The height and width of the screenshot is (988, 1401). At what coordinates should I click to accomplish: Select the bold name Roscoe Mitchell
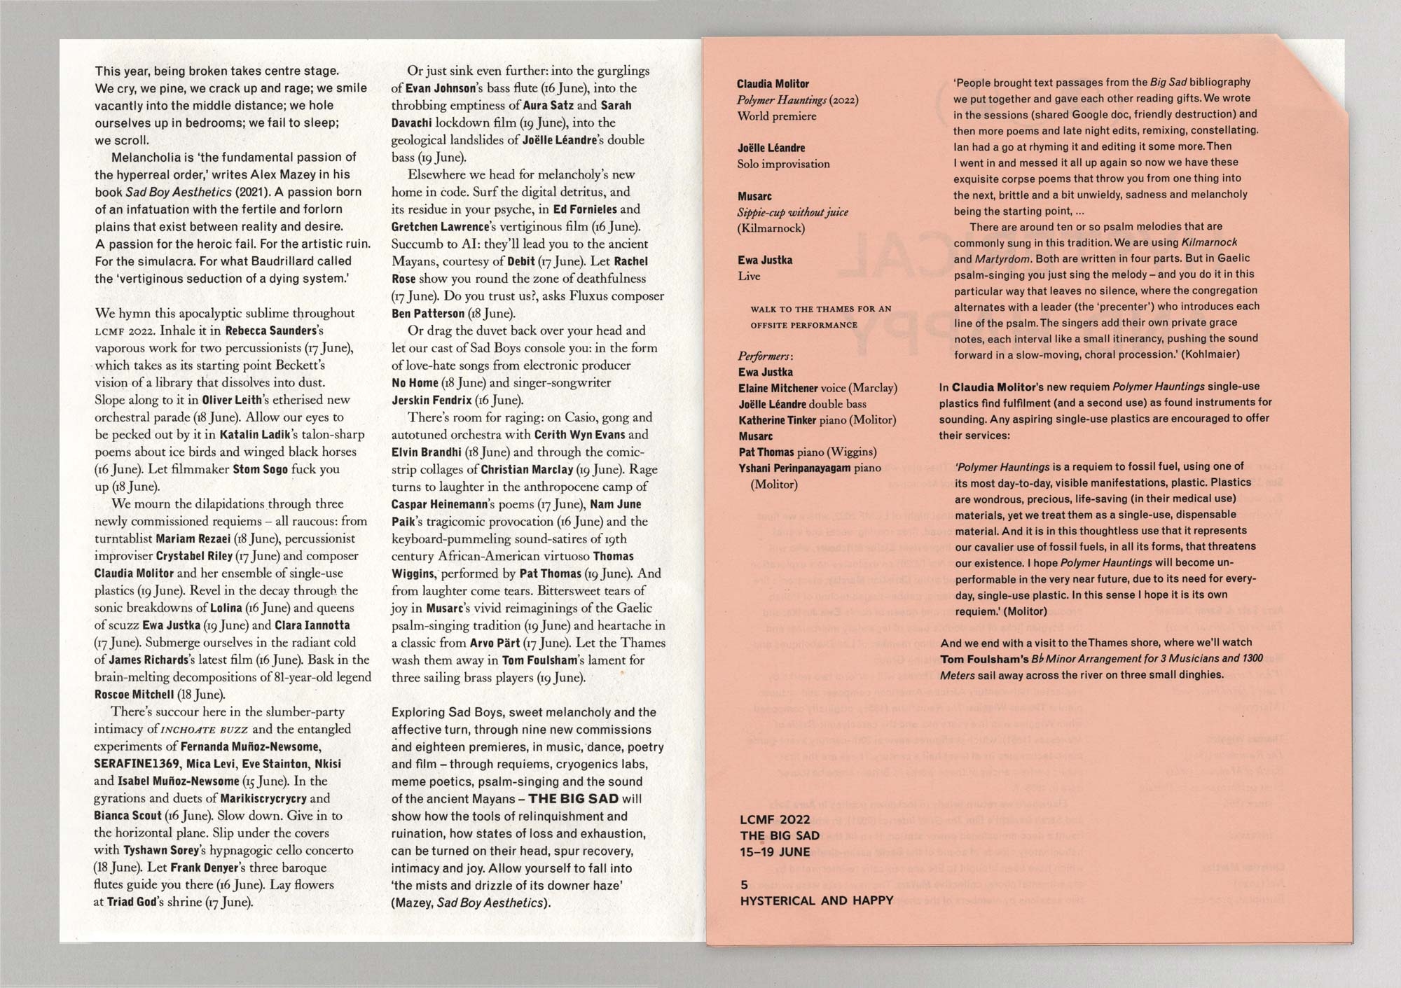pos(134,695)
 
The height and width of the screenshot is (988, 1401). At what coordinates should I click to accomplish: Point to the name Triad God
pos(131,902)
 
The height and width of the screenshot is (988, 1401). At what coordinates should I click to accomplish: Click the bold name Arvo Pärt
pos(495,643)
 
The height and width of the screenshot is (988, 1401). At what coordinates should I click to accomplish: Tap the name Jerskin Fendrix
pos(431,401)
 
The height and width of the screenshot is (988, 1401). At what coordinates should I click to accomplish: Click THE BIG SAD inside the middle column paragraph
pos(573,799)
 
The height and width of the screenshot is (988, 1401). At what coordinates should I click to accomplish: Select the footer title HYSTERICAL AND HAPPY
pos(816,900)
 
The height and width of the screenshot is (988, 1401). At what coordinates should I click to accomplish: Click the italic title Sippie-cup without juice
pos(792,212)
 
